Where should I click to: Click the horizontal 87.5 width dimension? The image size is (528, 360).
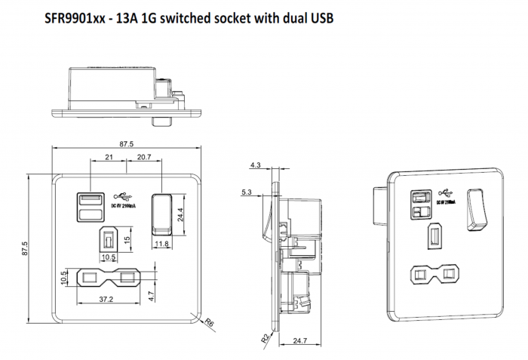126,144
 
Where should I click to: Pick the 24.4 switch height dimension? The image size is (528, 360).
179,213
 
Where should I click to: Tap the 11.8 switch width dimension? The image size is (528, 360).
161,244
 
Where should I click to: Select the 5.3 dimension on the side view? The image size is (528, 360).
247,192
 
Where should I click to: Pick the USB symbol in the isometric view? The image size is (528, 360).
446,191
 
